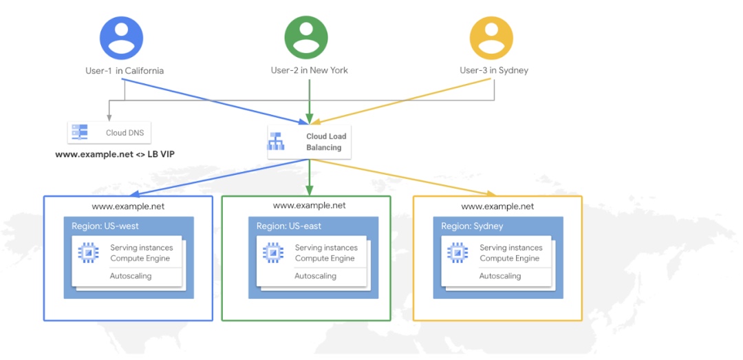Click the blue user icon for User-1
coord(121,38)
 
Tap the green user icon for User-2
coord(306,38)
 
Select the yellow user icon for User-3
coord(491,38)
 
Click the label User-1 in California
coord(121,70)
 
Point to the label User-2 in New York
coord(309,70)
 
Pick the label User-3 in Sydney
coord(494,70)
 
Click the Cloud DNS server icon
coord(80,132)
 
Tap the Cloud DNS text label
coord(125,133)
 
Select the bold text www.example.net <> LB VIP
coord(115,154)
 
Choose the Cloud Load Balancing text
coord(326,142)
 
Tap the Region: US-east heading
coord(289,226)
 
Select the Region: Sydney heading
coord(472,226)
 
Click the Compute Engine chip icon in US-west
coord(89,253)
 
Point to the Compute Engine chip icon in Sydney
coord(458,253)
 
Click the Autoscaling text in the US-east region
coord(315,276)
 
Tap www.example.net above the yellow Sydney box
coord(497,206)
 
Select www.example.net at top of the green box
coord(309,205)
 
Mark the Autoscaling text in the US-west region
coord(131,276)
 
